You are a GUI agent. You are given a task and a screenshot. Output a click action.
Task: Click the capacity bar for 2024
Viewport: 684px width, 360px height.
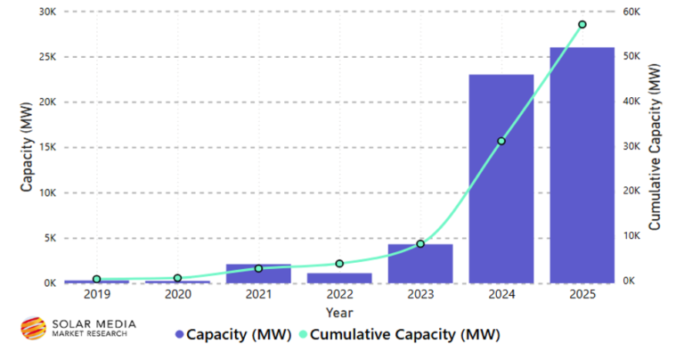coord(501,178)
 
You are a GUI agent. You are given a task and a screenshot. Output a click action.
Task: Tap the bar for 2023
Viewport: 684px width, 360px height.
coord(420,264)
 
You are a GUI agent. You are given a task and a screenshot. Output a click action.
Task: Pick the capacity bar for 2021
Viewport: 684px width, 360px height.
coord(258,274)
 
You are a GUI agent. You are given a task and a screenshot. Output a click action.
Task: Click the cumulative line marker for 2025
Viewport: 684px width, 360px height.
coord(582,25)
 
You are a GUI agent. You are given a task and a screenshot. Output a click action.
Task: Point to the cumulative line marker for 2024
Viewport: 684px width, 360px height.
coord(501,141)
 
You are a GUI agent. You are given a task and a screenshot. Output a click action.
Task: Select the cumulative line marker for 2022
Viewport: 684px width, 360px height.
coord(339,264)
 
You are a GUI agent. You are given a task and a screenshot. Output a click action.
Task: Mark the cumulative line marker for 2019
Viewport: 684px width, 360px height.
coord(96,280)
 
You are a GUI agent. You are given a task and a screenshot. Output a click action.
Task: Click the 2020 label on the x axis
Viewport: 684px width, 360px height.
coord(177,294)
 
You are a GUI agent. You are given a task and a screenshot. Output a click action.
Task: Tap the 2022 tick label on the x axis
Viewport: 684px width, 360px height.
coord(339,294)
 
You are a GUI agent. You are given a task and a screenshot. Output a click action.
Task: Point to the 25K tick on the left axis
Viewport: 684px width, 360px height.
coord(47,57)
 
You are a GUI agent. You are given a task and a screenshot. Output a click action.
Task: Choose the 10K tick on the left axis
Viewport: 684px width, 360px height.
coord(47,192)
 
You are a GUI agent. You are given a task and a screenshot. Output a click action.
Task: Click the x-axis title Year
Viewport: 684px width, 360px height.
coord(338,313)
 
